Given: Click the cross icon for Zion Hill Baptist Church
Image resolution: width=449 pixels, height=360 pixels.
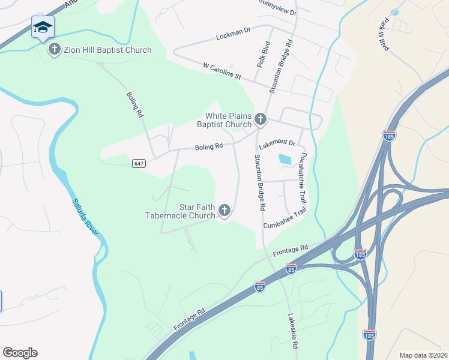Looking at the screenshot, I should point(55,49).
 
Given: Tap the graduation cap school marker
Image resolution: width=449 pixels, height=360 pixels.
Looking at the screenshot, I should point(43,27).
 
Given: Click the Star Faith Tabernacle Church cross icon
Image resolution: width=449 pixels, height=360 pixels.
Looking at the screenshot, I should point(224,211).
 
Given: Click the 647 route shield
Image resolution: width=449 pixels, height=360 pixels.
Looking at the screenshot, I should point(139,163).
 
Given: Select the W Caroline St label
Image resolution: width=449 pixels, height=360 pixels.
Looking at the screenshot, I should point(221,71).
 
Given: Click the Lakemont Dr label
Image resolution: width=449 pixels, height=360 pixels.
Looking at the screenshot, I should point(277,144).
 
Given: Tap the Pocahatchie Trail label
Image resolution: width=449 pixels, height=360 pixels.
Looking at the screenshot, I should point(303,177).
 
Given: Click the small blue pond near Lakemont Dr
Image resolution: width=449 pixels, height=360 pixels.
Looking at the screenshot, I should point(284,160).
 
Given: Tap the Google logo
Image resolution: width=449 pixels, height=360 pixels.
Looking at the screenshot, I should point(20,353).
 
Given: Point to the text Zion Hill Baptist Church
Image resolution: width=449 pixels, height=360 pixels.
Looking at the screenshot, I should point(107,50).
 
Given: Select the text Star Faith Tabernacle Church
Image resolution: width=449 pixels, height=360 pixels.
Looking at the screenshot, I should point(181,211).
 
